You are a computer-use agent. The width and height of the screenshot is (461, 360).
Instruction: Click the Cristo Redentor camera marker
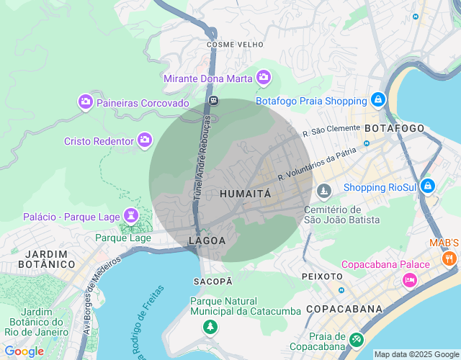coord(145,140)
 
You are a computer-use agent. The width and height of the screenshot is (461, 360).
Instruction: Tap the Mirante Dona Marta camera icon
coord(264,76)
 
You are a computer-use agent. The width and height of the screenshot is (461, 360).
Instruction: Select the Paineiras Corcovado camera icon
coord(86,102)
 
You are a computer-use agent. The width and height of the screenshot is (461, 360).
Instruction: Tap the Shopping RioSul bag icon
coord(428,186)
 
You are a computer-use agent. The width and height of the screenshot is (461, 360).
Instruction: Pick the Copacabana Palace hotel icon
coord(410,279)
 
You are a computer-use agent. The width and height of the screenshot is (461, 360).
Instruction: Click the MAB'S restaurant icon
coord(449,258)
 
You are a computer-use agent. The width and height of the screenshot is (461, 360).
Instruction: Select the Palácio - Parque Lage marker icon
coord(130,215)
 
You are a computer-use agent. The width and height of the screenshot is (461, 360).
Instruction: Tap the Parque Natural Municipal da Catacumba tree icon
coord(210,328)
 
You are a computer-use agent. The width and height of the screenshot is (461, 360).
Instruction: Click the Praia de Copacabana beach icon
coord(356,338)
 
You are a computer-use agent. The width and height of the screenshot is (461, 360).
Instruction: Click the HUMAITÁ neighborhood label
coord(245,194)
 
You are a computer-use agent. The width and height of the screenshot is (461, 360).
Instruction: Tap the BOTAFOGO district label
coord(394,128)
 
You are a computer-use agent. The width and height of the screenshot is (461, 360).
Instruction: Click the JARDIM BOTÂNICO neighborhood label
coord(50,259)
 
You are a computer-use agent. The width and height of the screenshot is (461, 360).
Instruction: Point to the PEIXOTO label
coord(322,276)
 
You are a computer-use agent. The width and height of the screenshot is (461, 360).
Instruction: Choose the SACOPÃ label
coord(213,280)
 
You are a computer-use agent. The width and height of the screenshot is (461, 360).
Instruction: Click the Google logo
coord(24,351)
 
